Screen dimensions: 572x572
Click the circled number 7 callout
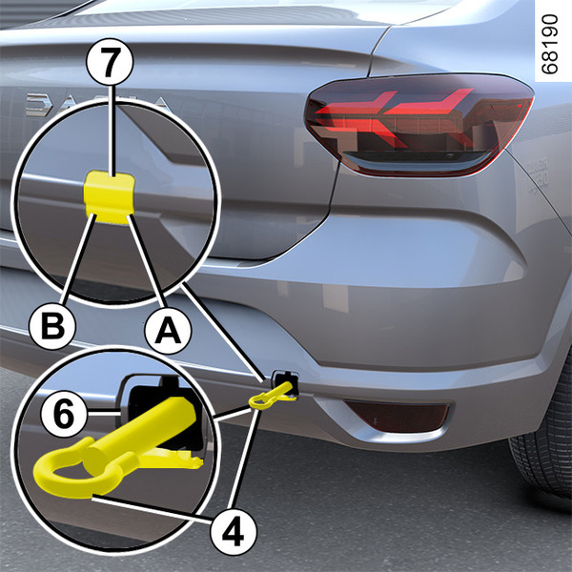point(110,62)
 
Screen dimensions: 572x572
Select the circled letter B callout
point(52,325)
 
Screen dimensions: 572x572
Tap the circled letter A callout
point(168,331)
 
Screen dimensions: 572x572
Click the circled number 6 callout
point(64,414)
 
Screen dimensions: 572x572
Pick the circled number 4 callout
point(234,532)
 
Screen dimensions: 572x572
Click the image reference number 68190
point(550,44)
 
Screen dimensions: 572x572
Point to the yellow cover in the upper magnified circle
point(109,196)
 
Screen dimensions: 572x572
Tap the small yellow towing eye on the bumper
point(272,397)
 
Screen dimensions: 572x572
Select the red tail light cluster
point(419,125)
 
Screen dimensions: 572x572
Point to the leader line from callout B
point(79,259)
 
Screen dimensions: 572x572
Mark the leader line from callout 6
point(104,413)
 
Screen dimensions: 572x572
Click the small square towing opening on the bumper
point(285,383)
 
